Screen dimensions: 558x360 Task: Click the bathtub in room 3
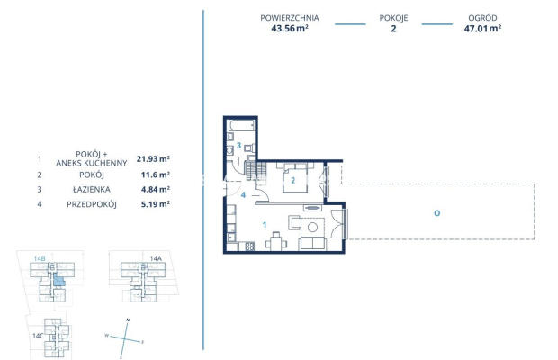[241, 126]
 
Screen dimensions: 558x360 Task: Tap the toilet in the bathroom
[250, 148]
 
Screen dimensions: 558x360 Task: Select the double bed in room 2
[295, 177]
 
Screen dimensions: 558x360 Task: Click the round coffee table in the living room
[312, 227]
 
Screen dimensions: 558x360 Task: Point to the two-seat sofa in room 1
[312, 244]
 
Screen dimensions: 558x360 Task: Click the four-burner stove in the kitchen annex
[249, 246]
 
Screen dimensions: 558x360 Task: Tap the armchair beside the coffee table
[294, 222]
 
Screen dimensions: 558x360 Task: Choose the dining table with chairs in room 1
[275, 242]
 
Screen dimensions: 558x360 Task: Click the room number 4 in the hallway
[243, 195]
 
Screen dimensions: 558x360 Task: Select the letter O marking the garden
[437, 213]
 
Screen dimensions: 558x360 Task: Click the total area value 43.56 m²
[290, 29]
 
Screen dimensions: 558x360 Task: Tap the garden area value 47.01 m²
[482, 29]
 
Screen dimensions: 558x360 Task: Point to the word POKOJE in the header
[393, 18]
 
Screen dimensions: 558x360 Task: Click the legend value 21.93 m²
[153, 158]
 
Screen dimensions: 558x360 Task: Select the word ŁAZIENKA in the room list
[92, 190]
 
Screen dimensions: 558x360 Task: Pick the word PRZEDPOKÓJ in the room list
[92, 204]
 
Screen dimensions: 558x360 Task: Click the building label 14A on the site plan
[156, 258]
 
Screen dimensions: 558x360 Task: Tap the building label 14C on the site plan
[38, 336]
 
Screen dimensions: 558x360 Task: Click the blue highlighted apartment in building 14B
[58, 280]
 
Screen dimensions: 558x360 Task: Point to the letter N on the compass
[128, 320]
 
